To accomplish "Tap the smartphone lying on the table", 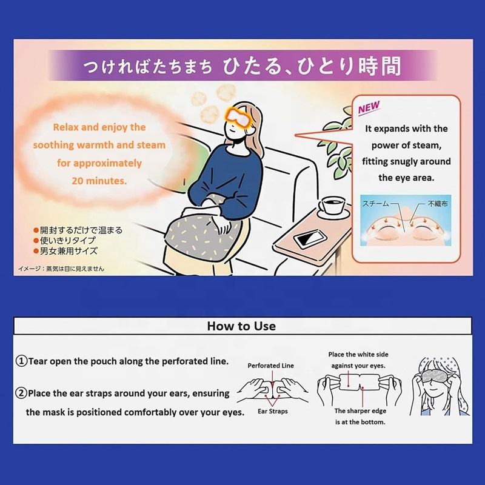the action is pos(310,239).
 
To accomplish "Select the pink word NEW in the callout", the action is pos(369,108).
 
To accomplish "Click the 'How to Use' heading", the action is pos(241,326).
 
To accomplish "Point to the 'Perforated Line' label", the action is pos(270,366).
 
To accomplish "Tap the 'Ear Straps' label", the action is pos(272,411).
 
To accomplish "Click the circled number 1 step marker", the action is pos(22,361).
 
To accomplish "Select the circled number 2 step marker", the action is pos(21,393).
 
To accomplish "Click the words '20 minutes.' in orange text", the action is pos(99,181).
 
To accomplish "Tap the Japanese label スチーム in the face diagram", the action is pos(375,204).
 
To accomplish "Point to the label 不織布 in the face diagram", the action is pos(438,204).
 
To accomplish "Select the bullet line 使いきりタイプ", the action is pos(65,240).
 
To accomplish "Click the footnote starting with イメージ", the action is pos(61,269).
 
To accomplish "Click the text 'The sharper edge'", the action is pos(360,411).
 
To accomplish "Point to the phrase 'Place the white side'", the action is pos(358,355).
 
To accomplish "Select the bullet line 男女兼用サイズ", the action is pos(65,251).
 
